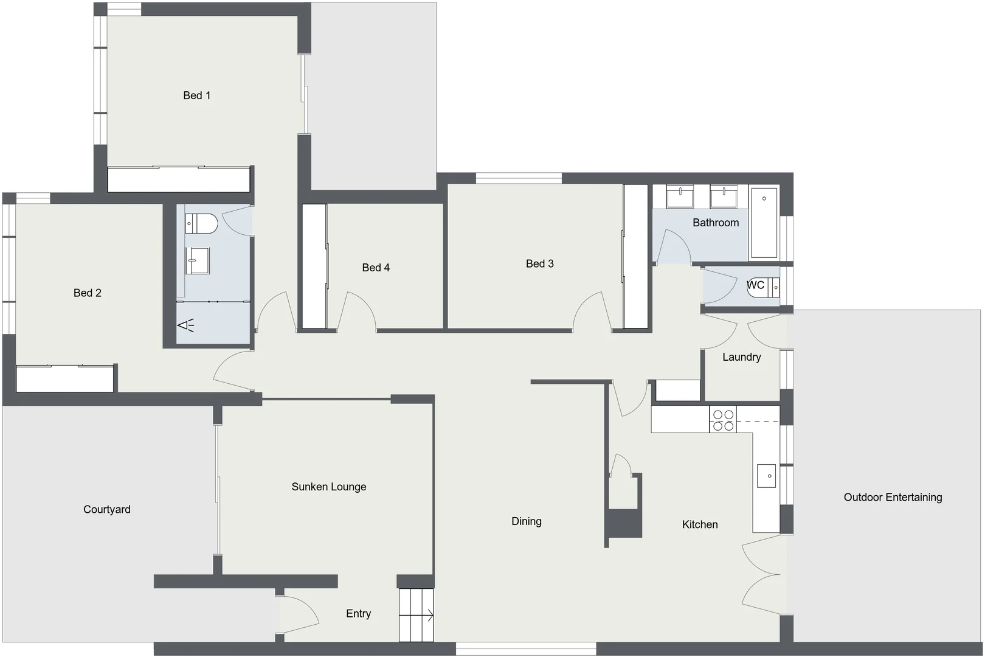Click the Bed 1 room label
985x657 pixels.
(196, 96)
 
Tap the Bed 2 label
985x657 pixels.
(87, 293)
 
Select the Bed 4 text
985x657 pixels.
(376, 268)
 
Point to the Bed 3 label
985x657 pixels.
(539, 264)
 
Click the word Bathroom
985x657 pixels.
(716, 223)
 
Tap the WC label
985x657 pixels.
(755, 285)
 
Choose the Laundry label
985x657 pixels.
(741, 357)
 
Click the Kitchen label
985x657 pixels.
(700, 524)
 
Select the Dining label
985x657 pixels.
(526, 521)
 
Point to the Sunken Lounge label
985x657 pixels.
(328, 487)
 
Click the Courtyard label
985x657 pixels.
(106, 510)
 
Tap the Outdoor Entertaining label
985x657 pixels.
(893, 498)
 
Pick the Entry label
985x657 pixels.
(358, 614)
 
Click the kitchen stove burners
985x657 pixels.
(723, 420)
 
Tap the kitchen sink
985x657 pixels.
(766, 476)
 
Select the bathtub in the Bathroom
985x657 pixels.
(764, 223)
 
